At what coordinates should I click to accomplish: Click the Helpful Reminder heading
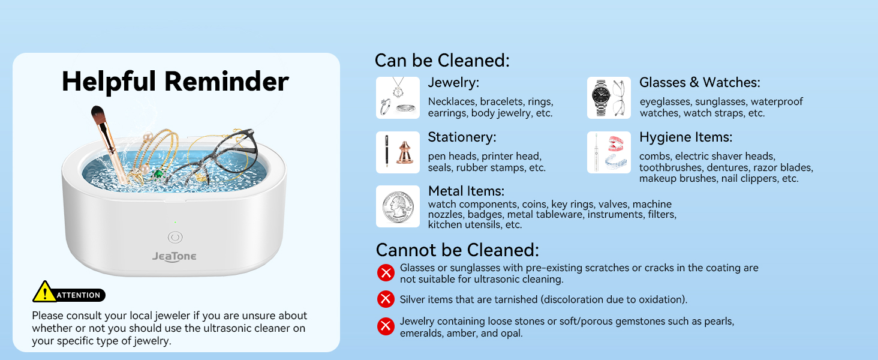(x=175, y=82)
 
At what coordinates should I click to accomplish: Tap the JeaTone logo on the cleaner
(x=174, y=257)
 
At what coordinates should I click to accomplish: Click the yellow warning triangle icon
(x=44, y=292)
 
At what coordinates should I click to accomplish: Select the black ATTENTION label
(x=79, y=295)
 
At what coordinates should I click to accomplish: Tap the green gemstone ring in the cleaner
(x=157, y=174)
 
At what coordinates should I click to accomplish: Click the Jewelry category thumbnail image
(x=398, y=98)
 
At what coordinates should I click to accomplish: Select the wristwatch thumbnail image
(x=609, y=98)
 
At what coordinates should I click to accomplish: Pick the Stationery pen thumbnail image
(x=398, y=152)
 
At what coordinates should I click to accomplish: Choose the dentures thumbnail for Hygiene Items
(x=609, y=152)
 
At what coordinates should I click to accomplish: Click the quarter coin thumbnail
(x=398, y=206)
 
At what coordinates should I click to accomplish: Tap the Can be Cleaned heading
(x=442, y=61)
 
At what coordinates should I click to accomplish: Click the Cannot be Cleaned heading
(x=457, y=250)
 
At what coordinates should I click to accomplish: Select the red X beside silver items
(x=386, y=299)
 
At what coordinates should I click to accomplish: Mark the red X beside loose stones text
(x=386, y=326)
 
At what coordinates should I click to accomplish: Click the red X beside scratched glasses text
(x=386, y=273)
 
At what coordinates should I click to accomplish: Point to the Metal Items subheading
(x=466, y=191)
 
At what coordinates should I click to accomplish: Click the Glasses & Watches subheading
(x=699, y=83)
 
